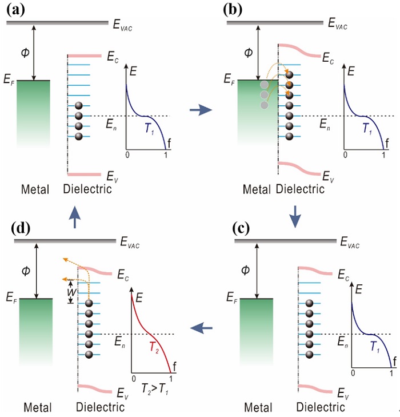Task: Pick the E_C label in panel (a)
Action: (x=113, y=57)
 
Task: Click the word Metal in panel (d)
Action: (x=38, y=407)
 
